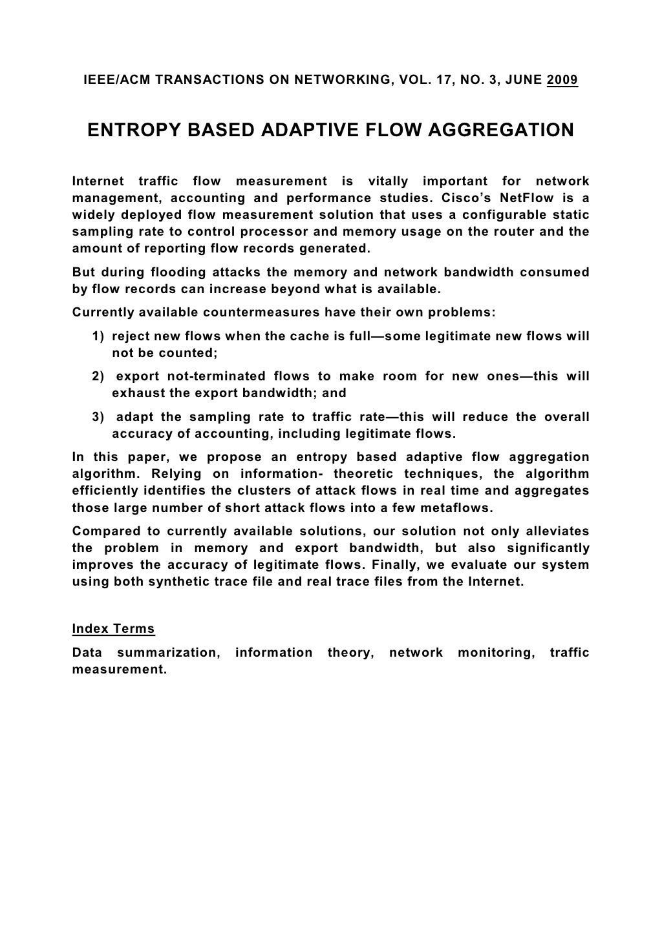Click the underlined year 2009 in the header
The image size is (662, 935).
pos(562,80)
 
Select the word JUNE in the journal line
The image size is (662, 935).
pos(523,80)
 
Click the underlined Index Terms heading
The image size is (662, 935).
pos(113,628)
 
